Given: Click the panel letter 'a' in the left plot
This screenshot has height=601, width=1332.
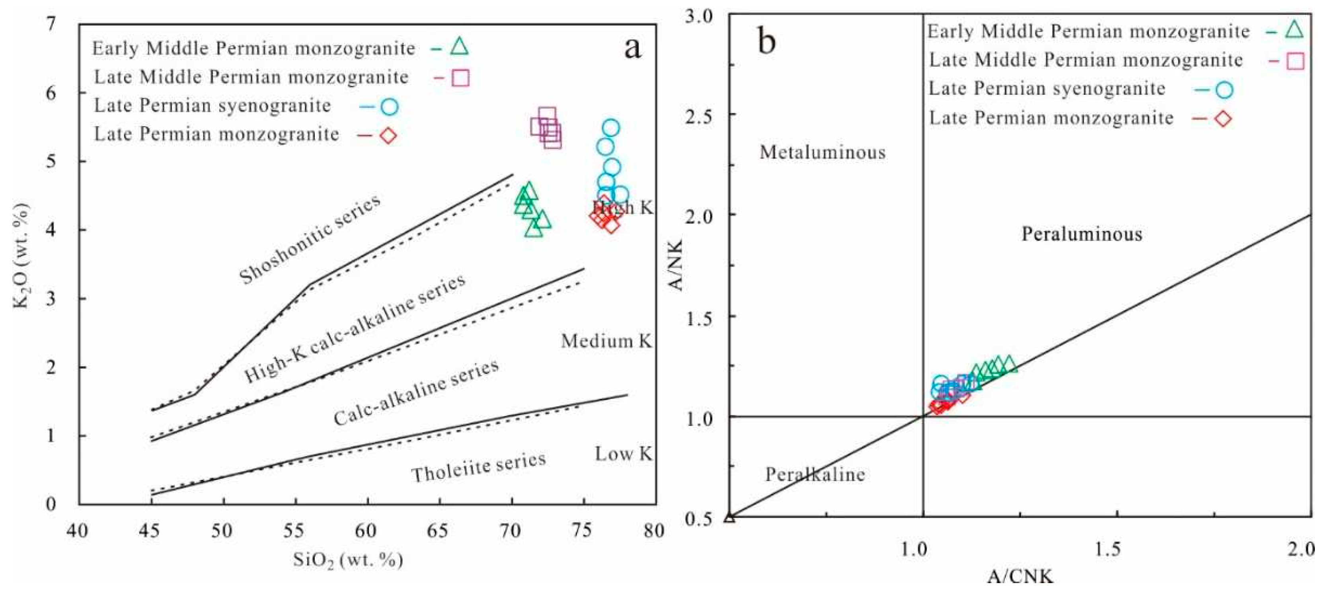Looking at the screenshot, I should pos(632,48).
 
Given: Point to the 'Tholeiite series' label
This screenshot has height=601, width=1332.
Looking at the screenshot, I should pos(478,466).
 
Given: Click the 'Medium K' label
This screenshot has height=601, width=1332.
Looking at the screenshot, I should pos(606,341).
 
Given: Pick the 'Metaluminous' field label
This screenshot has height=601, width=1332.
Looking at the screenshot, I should pos(822,152).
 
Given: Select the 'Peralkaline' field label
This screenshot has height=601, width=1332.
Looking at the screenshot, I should pos(815,474).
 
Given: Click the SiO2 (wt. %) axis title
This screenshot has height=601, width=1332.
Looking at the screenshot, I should pos(347,560).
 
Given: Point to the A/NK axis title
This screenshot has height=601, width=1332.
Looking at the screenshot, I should pos(675,265).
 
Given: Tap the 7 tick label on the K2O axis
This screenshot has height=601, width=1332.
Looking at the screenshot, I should pos(51,24).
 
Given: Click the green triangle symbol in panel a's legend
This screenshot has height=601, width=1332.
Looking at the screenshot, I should pos(459,47).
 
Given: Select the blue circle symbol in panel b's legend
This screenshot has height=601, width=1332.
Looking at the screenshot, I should pos(1224,90).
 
